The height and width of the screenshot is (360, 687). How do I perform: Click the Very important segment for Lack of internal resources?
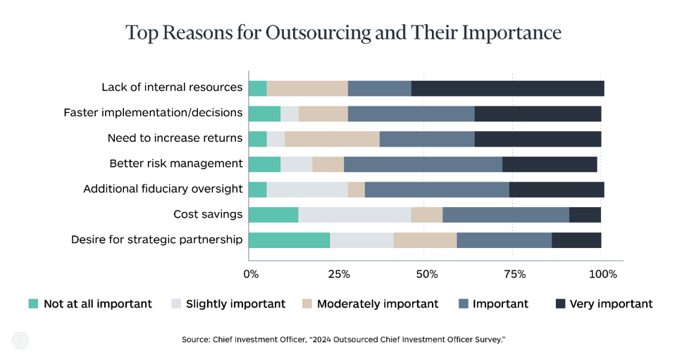coord(508,89)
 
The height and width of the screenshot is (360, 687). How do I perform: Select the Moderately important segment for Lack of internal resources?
coord(307,89)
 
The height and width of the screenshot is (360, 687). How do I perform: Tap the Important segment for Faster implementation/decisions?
coord(411,114)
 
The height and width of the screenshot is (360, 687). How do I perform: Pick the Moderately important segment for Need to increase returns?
coord(332,139)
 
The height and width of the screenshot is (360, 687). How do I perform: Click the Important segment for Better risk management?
coord(423,165)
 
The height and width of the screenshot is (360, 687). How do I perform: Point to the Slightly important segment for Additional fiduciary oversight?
coord(307,190)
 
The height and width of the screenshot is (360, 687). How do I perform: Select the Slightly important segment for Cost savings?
coord(355,216)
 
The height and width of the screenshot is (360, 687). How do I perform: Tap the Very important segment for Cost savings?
coord(585,216)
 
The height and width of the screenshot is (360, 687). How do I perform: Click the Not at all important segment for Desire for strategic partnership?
coord(289,241)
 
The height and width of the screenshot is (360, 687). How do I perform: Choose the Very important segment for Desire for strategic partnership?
coord(576,241)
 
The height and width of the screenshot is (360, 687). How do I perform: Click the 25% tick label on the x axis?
coord(339,275)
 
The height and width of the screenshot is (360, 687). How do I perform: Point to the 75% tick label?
coord(515,275)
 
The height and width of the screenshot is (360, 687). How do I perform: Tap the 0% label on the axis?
coord(251,275)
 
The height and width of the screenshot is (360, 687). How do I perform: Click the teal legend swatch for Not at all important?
coord(33,304)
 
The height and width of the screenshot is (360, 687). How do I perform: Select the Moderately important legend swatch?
coord(307,304)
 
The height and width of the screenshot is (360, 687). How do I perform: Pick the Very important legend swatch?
coord(560,304)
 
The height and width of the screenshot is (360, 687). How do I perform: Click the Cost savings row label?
coord(208,214)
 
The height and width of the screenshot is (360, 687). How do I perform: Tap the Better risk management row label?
coord(175,163)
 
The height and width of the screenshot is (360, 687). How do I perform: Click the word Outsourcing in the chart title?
coord(318,33)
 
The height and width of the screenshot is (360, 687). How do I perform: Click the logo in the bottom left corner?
coord(20,340)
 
